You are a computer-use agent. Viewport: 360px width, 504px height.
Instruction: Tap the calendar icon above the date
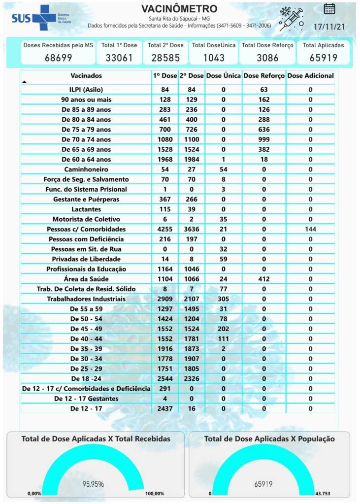click(x=329, y=8)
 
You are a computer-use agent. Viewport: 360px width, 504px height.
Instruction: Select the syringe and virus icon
click(x=291, y=19)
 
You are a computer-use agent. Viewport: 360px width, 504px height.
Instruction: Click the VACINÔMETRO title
click(x=179, y=9)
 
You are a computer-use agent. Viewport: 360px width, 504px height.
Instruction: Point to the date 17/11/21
click(x=329, y=25)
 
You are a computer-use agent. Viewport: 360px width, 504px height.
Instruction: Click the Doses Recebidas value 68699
click(x=58, y=58)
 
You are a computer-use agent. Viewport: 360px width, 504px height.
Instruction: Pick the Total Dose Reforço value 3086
click(x=267, y=58)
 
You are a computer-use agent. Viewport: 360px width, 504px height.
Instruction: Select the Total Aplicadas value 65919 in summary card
click(x=323, y=58)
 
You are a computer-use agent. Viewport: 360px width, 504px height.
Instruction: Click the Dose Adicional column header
click(x=310, y=76)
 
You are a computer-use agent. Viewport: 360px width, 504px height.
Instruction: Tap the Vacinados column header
click(x=86, y=76)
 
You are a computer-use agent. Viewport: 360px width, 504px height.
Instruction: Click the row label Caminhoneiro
click(x=86, y=169)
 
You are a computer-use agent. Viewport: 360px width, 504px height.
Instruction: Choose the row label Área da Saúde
click(x=86, y=279)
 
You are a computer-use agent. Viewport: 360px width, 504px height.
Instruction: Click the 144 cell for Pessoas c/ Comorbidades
click(x=310, y=229)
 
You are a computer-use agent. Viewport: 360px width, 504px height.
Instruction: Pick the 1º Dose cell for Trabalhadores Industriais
click(x=165, y=299)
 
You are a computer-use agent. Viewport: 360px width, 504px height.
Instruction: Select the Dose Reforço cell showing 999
click(x=264, y=139)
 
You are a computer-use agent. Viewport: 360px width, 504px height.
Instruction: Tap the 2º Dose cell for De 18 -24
click(x=192, y=378)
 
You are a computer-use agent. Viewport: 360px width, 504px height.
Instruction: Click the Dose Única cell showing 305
click(x=224, y=299)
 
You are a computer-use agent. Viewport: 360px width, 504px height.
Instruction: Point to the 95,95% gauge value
click(x=93, y=484)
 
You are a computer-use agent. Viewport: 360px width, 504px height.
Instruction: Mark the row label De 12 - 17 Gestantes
click(x=86, y=399)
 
